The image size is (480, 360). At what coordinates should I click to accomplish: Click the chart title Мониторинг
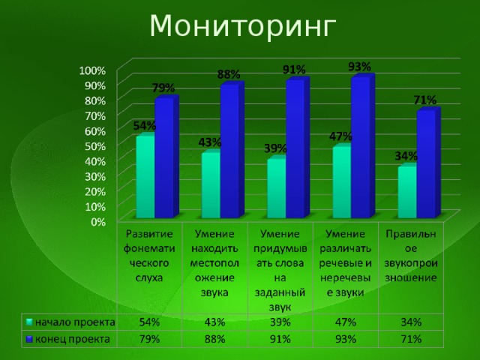pos(240,26)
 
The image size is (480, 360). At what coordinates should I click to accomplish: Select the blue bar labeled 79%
pos(164,157)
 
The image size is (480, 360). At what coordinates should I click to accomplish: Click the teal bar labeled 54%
pos(145,177)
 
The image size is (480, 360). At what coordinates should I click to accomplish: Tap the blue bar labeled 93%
pos(361,147)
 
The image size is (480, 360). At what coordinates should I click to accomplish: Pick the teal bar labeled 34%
pos(407,193)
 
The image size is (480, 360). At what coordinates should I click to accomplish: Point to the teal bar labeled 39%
pos(276,188)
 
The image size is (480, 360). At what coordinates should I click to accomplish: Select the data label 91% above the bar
pos(293,70)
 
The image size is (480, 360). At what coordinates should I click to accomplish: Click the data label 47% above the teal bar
pos(341,136)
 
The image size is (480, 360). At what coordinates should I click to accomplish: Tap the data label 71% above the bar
pos(425,100)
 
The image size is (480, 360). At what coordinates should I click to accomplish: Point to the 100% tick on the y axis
pos(93,70)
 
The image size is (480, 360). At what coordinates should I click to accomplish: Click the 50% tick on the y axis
pos(95,145)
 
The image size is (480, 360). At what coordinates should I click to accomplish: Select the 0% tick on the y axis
pos(98,222)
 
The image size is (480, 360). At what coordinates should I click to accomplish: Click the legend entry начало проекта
pos(71,322)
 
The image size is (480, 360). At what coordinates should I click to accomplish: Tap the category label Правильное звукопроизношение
pos(411,255)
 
